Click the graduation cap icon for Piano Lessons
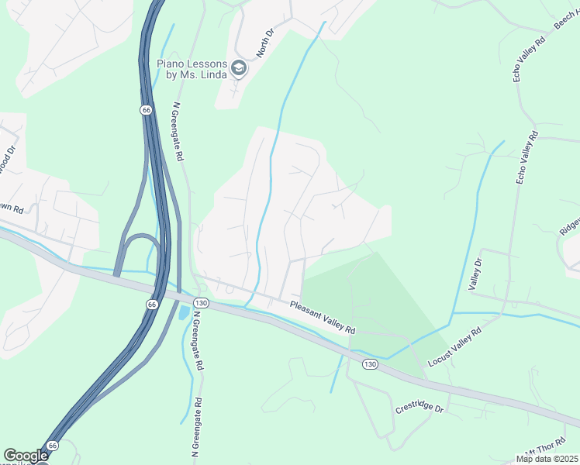click(239, 68)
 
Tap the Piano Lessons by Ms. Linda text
click(192, 68)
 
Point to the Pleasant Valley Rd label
click(322, 317)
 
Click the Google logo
click(26, 456)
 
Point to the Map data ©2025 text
click(547, 459)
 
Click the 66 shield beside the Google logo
click(52, 446)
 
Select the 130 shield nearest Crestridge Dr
click(370, 364)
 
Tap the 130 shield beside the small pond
click(201, 302)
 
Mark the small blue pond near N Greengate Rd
click(184, 313)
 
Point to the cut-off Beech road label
click(568, 21)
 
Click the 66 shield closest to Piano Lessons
click(146, 110)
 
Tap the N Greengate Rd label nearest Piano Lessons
click(177, 131)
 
